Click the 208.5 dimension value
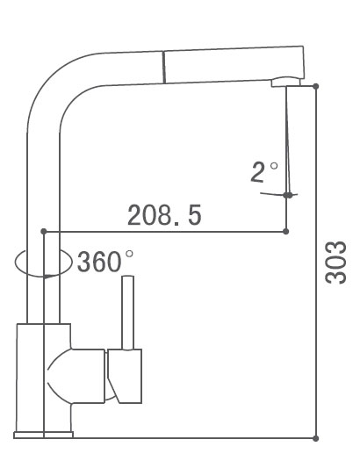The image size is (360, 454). (x=164, y=213)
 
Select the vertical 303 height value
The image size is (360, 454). (x=335, y=263)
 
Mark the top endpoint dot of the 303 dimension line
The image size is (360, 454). (x=315, y=86)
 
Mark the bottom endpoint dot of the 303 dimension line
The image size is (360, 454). (x=315, y=436)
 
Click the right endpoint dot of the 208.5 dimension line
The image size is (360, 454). (x=286, y=233)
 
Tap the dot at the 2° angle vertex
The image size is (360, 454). (x=287, y=195)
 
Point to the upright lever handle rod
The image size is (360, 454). (x=128, y=312)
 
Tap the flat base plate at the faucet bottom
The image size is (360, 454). (x=44, y=435)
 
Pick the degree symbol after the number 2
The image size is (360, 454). (x=273, y=164)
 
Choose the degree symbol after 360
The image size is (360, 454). (x=130, y=254)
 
